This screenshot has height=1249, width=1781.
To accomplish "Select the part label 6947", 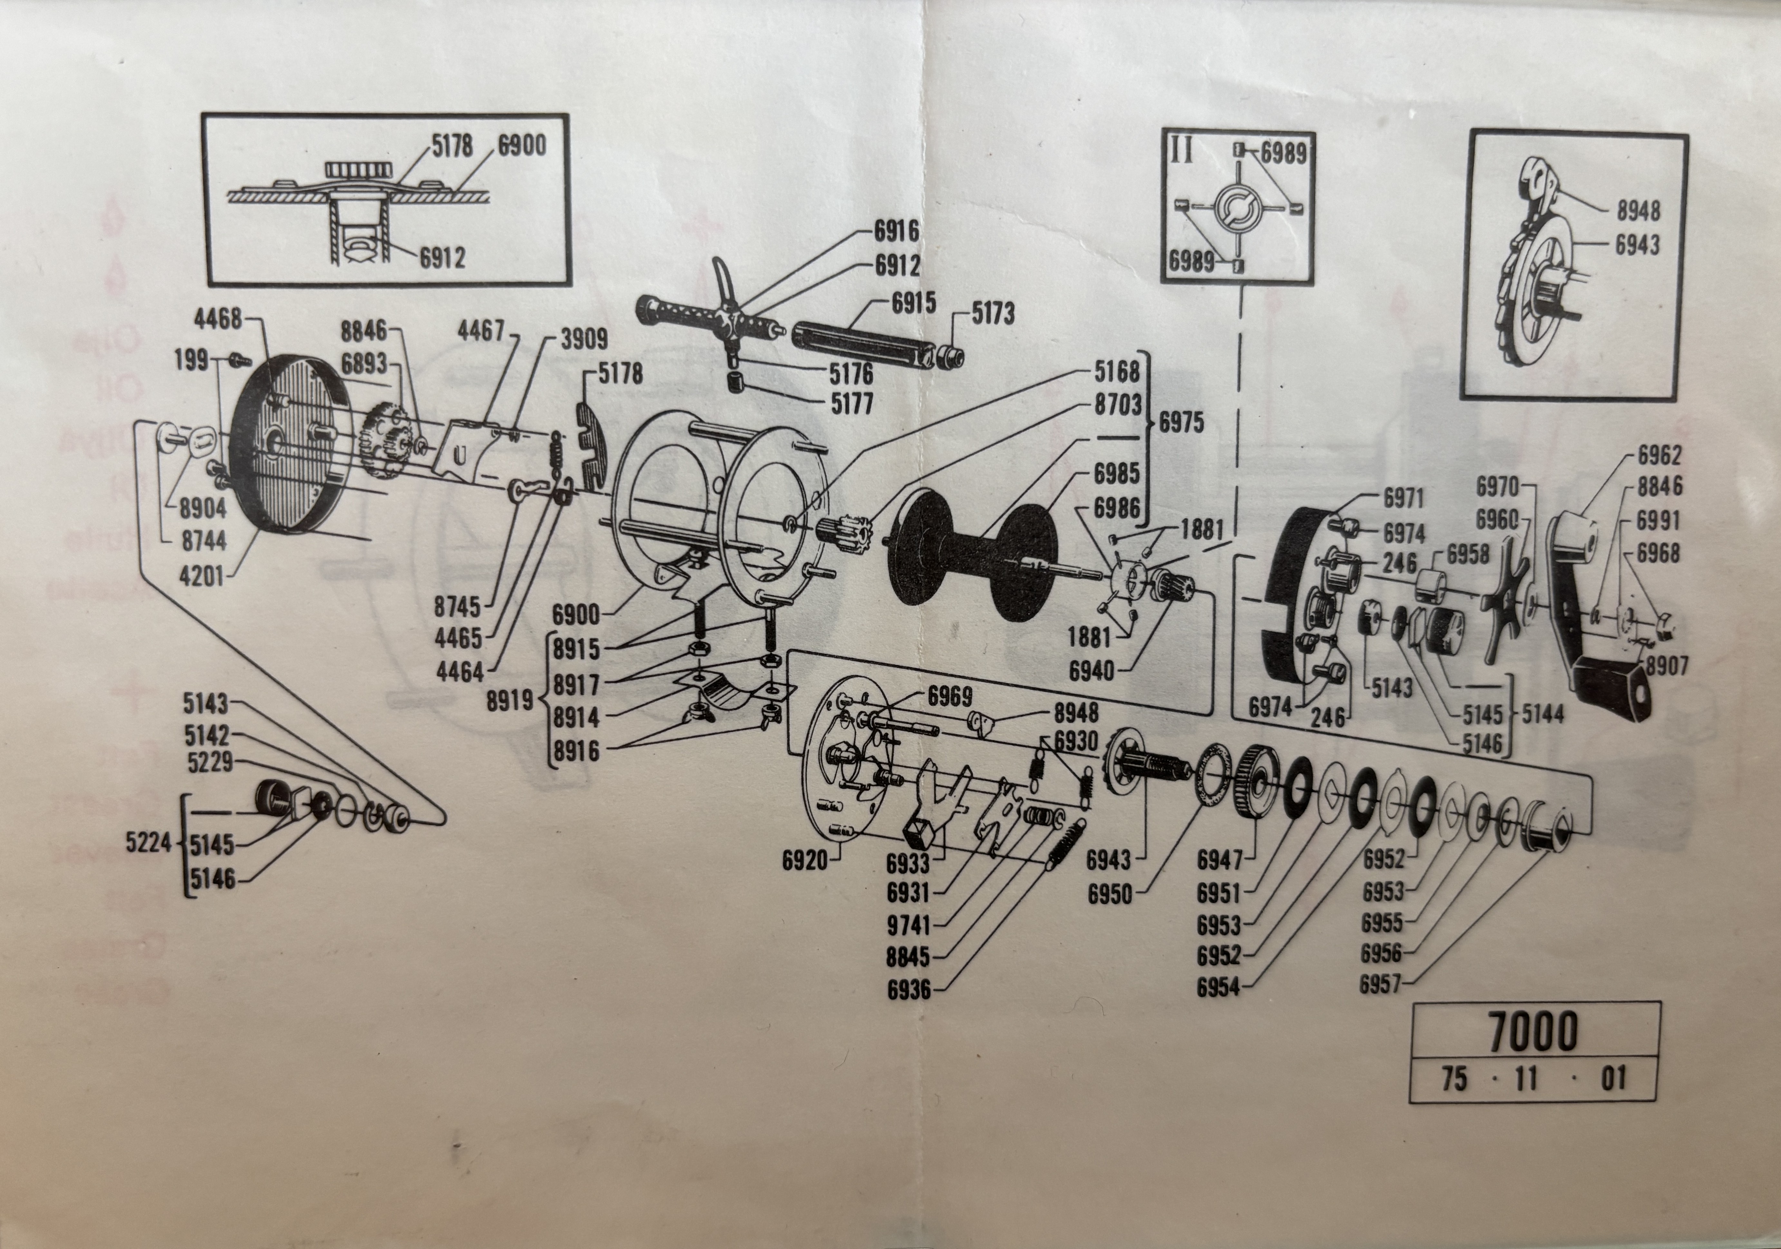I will click(x=1219, y=860).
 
